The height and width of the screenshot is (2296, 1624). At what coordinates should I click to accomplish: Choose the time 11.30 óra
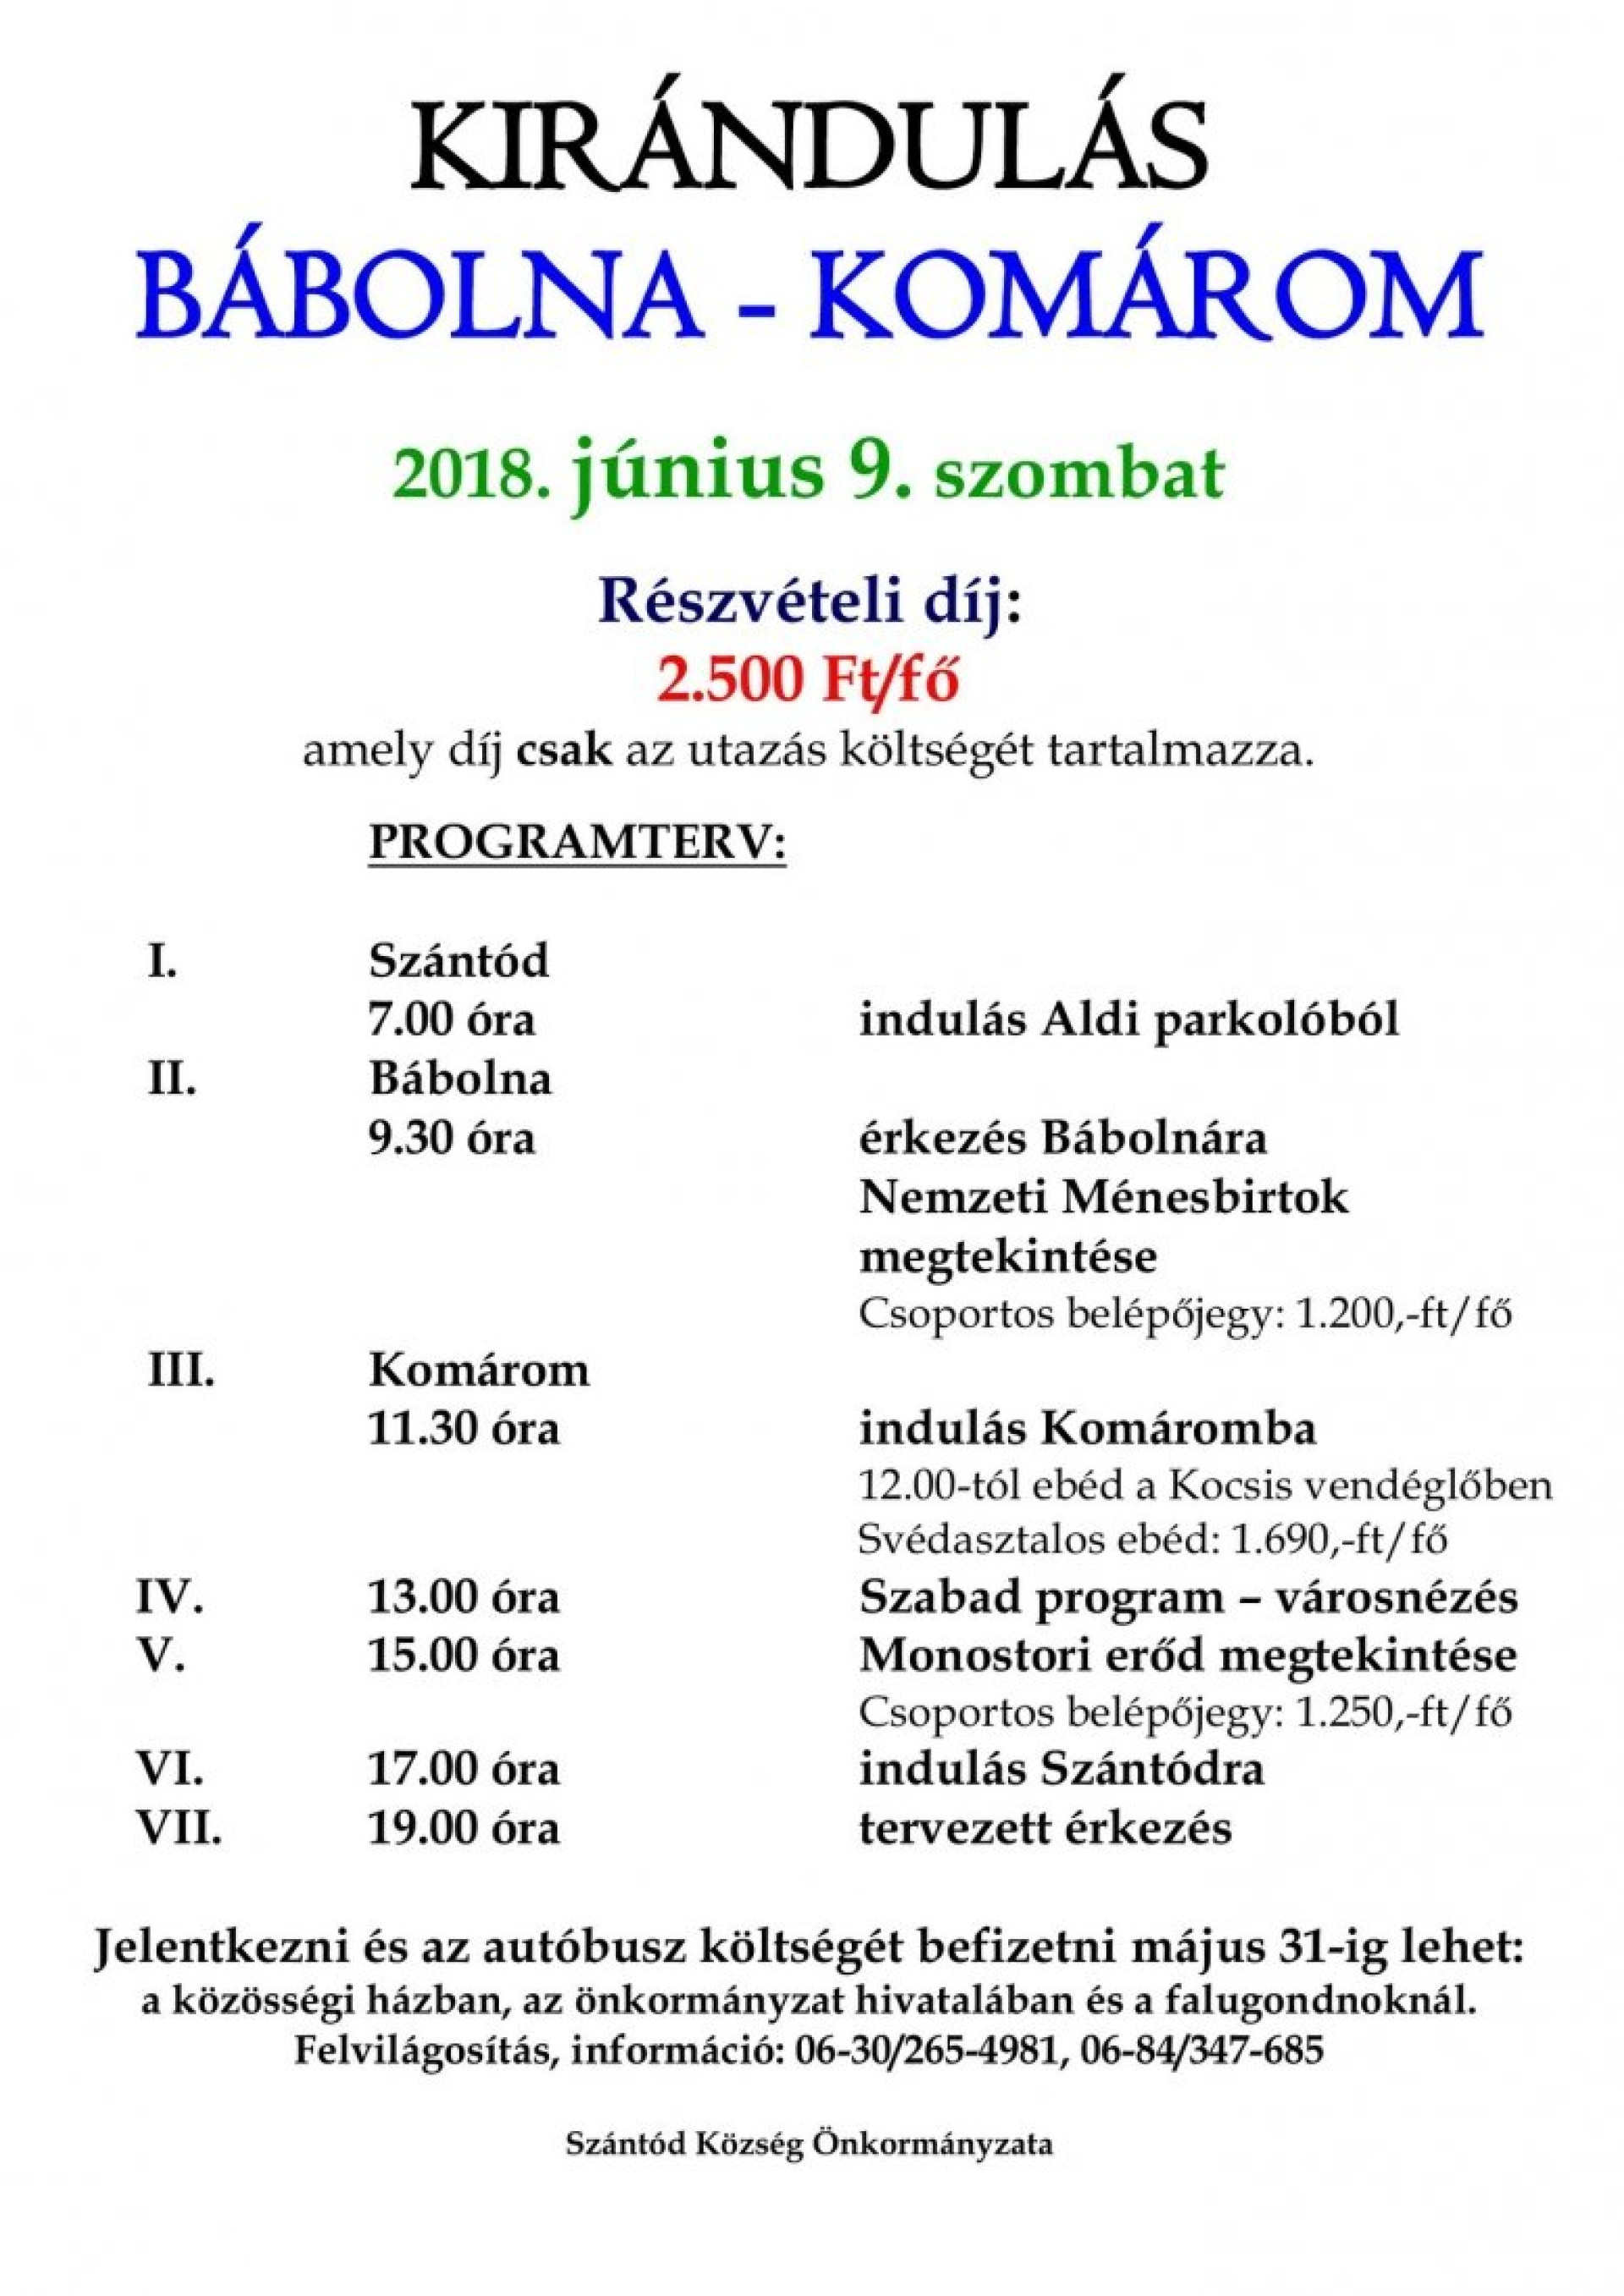(x=465, y=1429)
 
